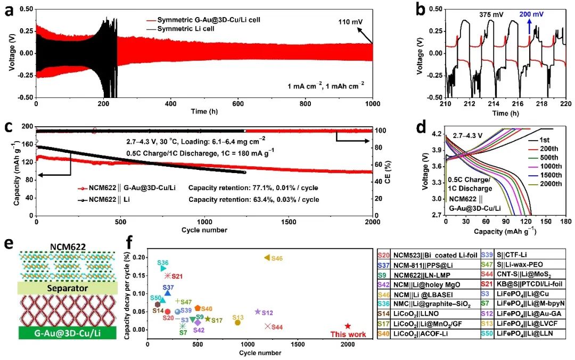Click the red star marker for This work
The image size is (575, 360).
(x=348, y=326)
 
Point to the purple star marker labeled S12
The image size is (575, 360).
(x=258, y=312)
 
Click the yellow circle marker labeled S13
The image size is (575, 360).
(x=237, y=322)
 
